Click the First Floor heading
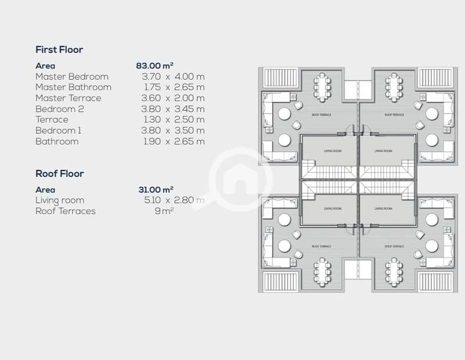pos(59,49)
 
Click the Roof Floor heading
pos(59,173)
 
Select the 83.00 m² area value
pos(154,66)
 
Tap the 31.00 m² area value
pos(156,190)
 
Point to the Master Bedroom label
pos(72,76)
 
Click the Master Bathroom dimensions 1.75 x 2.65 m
pos(175,87)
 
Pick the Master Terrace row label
pos(69,98)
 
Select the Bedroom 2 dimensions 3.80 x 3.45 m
pos(173,109)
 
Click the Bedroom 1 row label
pos(58,130)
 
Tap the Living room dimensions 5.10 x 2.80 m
pos(175,200)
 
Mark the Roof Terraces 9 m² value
pos(164,211)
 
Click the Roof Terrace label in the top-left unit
pos(321,115)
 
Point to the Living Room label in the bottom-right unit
pos(384,209)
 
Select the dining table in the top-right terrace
pos(394,87)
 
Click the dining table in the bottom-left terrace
pos(322,272)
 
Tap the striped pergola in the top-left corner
pos(281,78)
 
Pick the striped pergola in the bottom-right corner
pos(435,282)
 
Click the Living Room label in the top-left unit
pos(333,151)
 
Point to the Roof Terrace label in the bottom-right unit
pos(395,246)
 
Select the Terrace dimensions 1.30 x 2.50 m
pos(175,120)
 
